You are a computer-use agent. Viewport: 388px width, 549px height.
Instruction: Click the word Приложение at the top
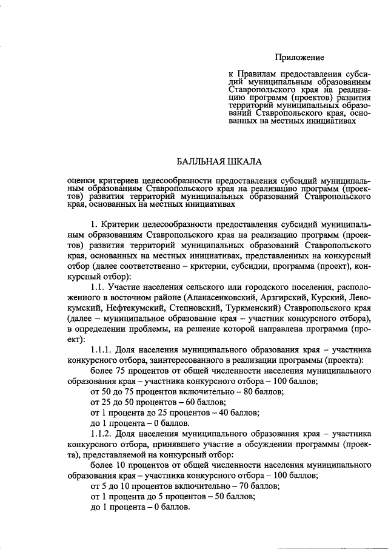coord(299,58)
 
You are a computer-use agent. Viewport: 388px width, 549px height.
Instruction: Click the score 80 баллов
coord(252,392)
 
